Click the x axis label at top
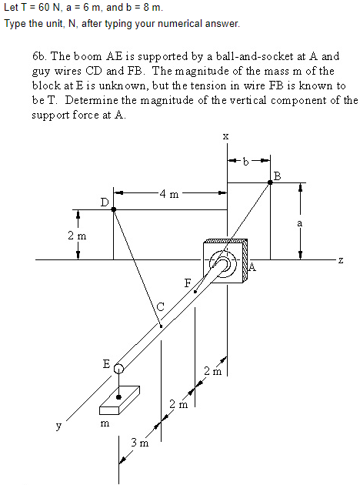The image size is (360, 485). point(225,136)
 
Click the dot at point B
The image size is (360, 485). point(270,182)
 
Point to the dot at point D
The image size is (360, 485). point(114,209)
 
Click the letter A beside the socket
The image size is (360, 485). point(252,269)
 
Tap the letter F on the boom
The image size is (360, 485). point(187,283)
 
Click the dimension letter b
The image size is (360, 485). point(246,162)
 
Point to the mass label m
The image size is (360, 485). point(105,423)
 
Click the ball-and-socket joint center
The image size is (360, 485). point(224,266)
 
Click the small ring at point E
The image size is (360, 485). point(118,370)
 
